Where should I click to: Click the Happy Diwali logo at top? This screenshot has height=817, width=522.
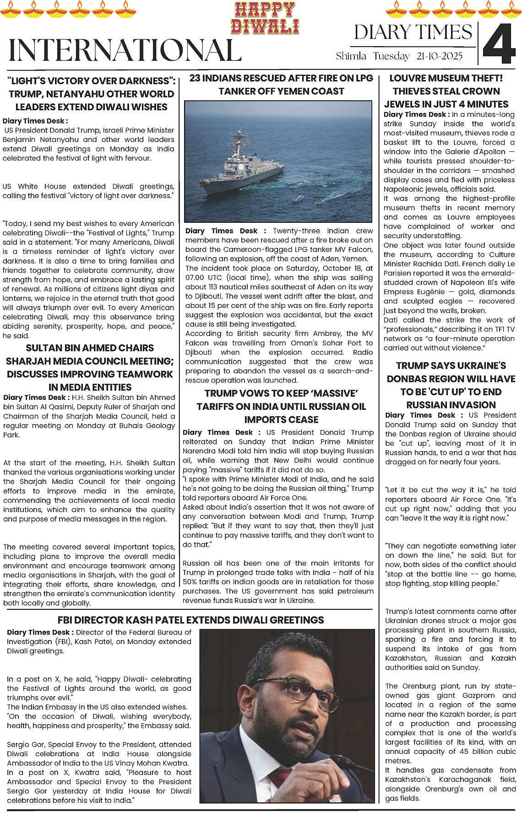click(265, 18)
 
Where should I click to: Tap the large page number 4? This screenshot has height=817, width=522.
click(499, 43)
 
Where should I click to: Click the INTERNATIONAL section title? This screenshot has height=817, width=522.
click(125, 50)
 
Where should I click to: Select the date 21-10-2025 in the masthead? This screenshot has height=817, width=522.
click(440, 56)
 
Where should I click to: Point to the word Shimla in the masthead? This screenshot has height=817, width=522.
click(351, 56)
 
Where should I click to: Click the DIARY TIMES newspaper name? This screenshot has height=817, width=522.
click(413, 32)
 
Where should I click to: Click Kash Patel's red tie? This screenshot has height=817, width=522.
click(277, 777)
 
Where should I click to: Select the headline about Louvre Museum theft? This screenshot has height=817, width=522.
click(446, 91)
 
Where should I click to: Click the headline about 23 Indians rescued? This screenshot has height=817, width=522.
click(281, 85)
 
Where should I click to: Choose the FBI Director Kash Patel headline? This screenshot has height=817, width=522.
click(190, 620)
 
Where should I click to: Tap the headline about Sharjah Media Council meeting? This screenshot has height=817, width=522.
click(90, 367)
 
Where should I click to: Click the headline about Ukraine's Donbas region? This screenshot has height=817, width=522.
click(451, 385)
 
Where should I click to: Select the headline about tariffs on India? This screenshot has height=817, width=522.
click(281, 406)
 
